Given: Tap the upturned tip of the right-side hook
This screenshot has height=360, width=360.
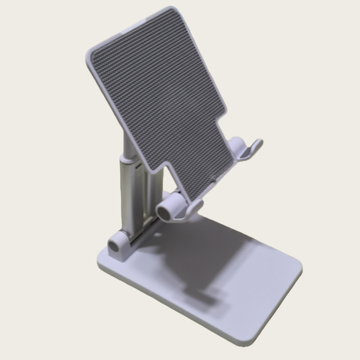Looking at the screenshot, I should pyautogui.click(x=258, y=144).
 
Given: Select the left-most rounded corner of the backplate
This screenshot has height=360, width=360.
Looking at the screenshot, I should pyautogui.click(x=90, y=54).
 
